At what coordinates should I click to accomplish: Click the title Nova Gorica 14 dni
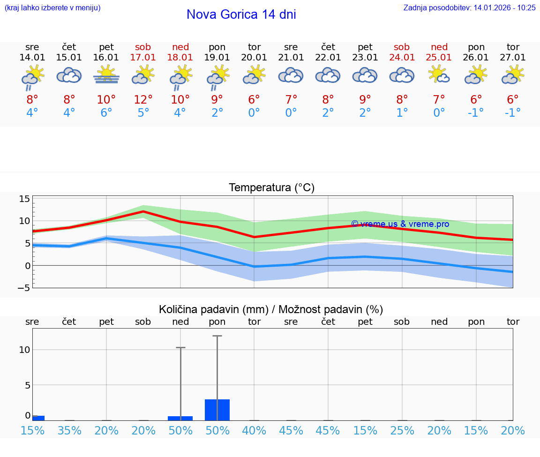point(241,15)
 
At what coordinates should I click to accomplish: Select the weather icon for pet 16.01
point(106,75)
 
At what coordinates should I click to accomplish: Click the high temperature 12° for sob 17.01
point(143,99)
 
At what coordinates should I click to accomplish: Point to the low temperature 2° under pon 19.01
point(217,112)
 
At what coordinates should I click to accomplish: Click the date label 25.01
point(439,58)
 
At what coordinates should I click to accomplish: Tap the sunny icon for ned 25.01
point(439,75)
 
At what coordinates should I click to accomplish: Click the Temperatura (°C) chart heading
point(271,188)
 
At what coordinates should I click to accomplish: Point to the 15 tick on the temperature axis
point(24,199)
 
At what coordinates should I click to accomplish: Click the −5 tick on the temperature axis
point(23,288)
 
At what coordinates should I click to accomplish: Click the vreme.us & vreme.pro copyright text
point(400,224)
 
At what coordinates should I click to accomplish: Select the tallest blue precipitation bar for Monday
point(217,410)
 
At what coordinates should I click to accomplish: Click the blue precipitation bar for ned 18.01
point(180,418)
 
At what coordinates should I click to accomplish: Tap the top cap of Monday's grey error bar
point(217,336)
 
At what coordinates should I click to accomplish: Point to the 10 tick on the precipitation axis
point(24,350)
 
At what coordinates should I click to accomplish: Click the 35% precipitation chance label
point(69,431)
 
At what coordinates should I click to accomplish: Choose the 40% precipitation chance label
point(254,431)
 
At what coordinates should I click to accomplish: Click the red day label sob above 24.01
point(402,47)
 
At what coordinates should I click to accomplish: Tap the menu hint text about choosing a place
point(52,7)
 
